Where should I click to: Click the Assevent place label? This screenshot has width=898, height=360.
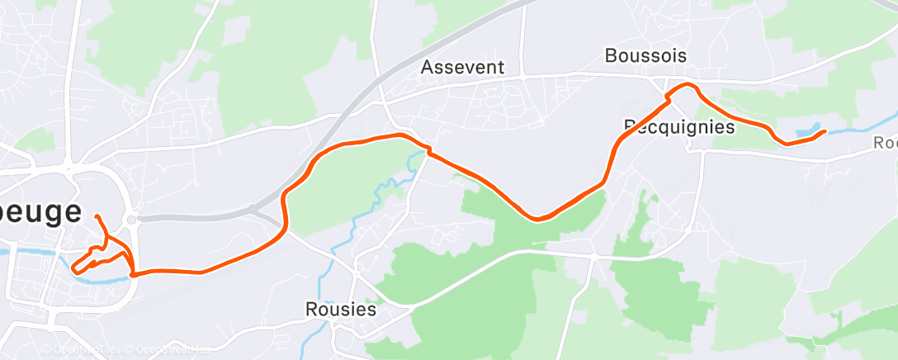click(x=462, y=67)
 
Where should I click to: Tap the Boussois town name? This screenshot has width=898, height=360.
click(x=645, y=56)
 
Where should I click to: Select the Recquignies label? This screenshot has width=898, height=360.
click(x=678, y=127)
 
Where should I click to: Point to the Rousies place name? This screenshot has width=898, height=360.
click(x=340, y=310)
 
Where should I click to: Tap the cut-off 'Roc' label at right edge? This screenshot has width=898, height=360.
click(x=885, y=143)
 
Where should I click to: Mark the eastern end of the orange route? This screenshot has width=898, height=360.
click(x=824, y=131)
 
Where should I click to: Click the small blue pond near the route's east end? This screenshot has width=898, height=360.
click(x=802, y=131)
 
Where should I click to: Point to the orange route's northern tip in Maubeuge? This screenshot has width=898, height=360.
click(x=97, y=216)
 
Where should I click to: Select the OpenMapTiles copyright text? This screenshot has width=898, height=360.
click(x=83, y=350)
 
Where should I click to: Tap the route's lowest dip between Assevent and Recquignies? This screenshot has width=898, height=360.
click(x=537, y=219)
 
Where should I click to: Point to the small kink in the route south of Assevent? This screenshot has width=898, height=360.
click(x=428, y=150)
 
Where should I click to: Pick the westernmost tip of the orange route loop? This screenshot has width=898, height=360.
click(x=74, y=268)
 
